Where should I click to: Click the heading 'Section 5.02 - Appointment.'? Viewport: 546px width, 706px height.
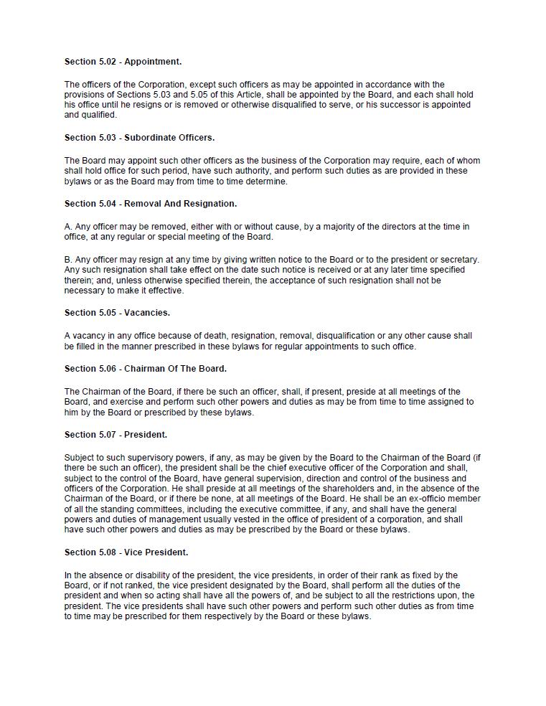coord(123,62)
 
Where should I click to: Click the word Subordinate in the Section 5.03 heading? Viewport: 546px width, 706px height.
coord(147,137)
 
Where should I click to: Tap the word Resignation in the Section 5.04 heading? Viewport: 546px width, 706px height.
coord(210,204)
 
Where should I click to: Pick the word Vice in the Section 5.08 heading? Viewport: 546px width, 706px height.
coord(134,552)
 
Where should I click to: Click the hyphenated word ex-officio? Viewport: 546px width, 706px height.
coord(428,499)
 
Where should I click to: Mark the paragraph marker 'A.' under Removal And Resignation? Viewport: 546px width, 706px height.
coord(69,227)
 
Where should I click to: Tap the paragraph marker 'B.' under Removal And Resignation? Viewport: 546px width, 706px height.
coord(69,260)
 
